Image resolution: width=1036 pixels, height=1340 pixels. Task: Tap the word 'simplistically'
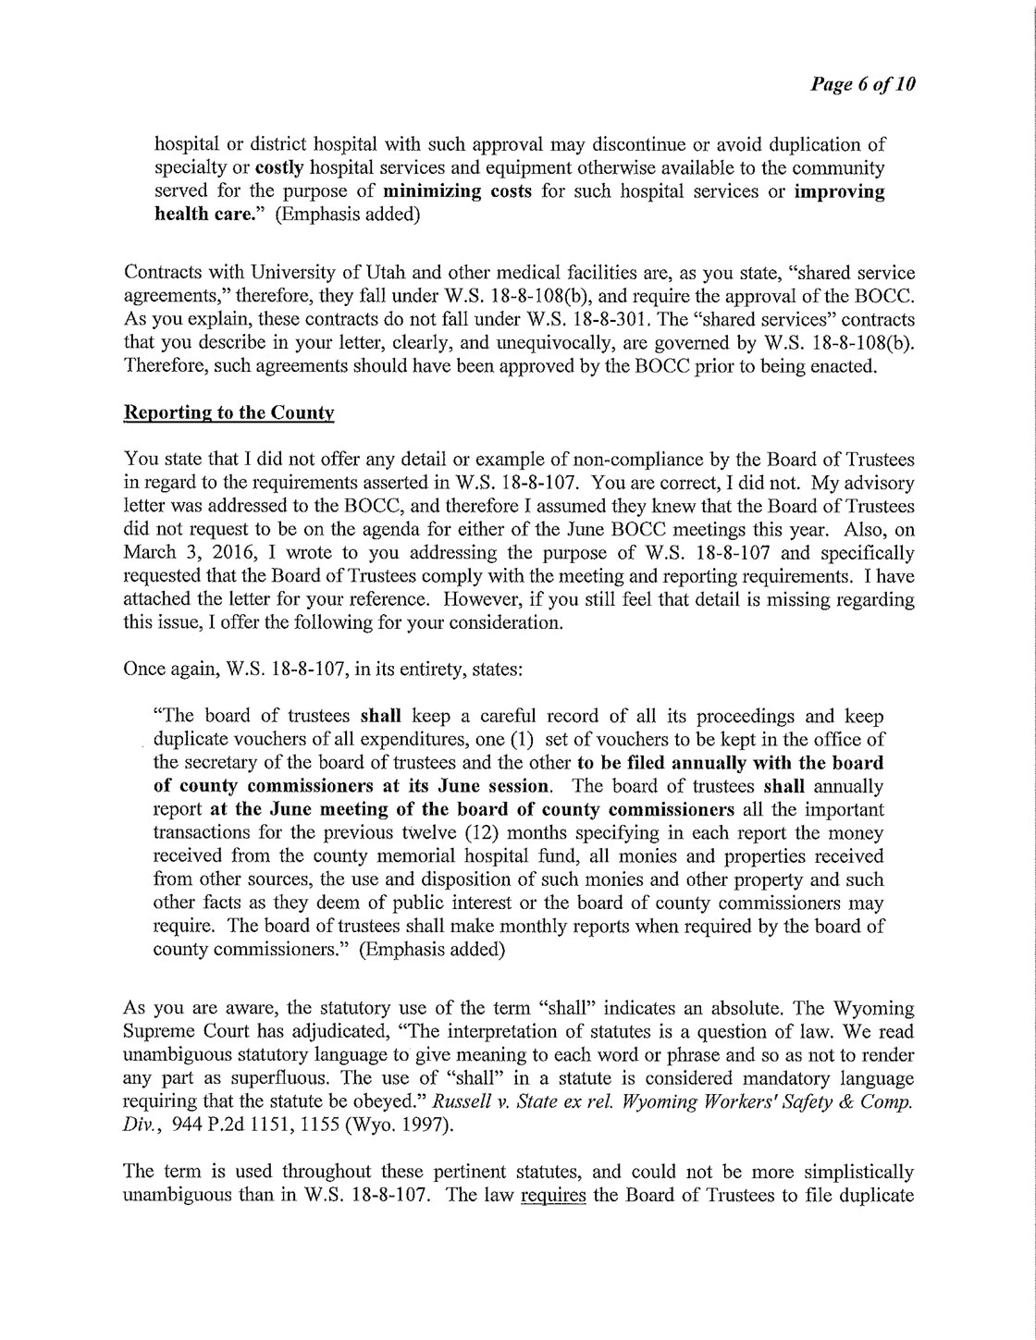(x=857, y=1173)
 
